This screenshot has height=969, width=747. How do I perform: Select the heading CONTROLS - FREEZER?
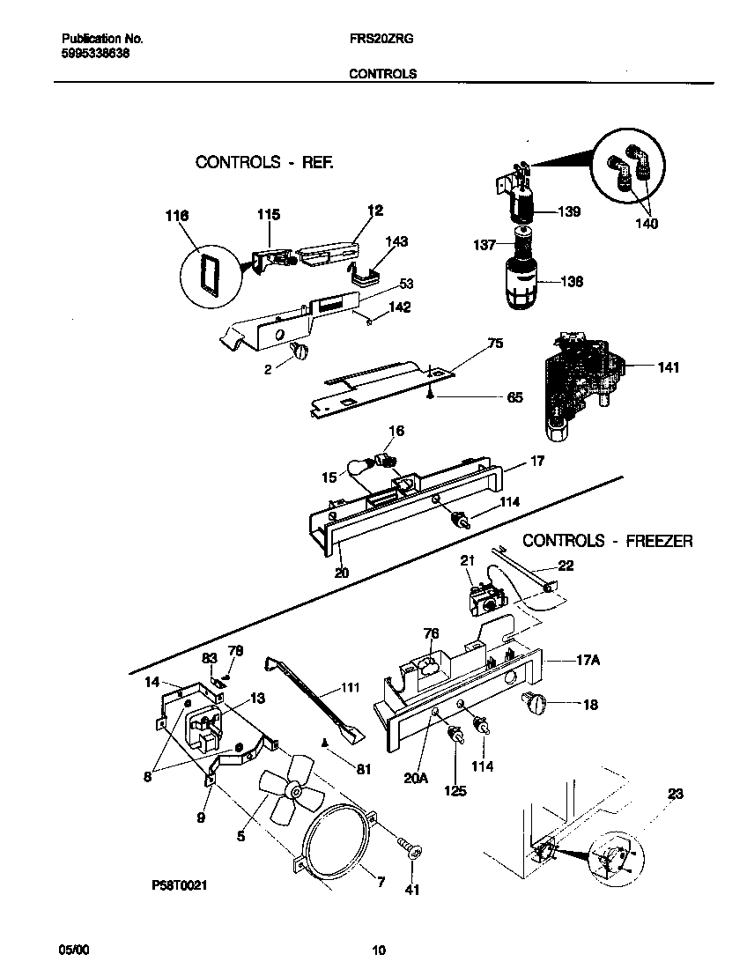pyautogui.click(x=608, y=541)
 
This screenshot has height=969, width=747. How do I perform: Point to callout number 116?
pyautogui.click(x=178, y=214)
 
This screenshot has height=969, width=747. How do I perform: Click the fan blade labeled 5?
pyautogui.click(x=287, y=794)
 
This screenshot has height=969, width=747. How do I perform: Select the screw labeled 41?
pyautogui.click(x=410, y=849)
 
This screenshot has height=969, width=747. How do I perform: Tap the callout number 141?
pyautogui.click(x=668, y=367)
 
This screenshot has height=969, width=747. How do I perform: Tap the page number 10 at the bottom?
pyautogui.click(x=378, y=950)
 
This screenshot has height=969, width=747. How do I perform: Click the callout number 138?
pyautogui.click(x=572, y=283)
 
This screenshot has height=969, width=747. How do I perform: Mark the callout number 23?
pyautogui.click(x=675, y=795)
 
